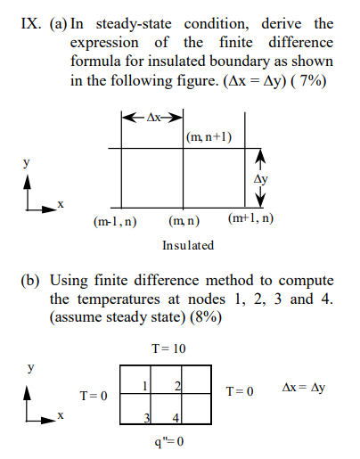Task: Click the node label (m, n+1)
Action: tap(210, 136)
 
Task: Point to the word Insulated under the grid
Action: tap(188, 245)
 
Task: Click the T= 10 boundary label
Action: tap(168, 346)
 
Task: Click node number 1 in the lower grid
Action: tap(144, 384)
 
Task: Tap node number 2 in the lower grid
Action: tap(178, 384)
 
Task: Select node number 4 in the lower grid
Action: tap(177, 418)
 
